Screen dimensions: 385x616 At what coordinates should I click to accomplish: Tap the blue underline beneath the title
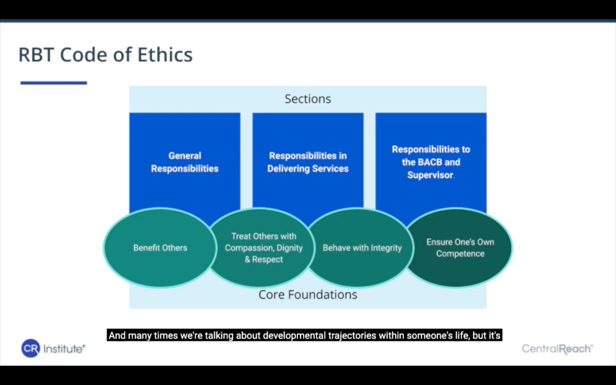point(54,83)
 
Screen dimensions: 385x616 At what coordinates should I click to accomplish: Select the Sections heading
point(308,99)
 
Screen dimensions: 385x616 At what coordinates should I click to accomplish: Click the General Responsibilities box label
point(185,162)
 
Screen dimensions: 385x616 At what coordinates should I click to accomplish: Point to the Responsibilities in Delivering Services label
point(308,162)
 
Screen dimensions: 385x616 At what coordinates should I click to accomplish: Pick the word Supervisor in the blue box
point(430,175)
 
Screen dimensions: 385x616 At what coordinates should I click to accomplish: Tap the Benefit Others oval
point(160,248)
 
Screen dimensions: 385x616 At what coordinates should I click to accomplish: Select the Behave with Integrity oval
point(362,248)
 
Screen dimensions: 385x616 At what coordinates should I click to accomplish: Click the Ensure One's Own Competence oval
point(460,248)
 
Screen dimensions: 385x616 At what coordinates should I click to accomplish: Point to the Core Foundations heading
point(308,295)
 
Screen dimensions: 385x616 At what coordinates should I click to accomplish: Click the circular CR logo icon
point(30,349)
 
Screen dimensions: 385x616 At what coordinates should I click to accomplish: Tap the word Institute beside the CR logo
point(64,349)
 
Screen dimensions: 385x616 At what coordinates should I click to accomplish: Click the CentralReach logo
point(557,349)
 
